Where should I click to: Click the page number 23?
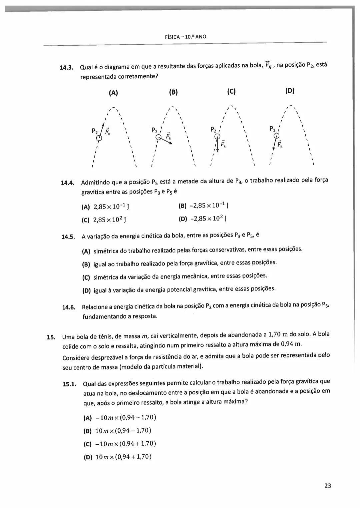(x=327, y=486)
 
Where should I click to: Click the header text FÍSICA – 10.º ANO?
(x=185, y=37)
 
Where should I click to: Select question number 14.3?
(x=66, y=68)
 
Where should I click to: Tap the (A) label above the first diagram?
(x=113, y=93)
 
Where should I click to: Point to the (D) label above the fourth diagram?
(x=290, y=91)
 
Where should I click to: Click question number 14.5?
(x=68, y=237)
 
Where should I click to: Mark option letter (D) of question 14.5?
(x=86, y=290)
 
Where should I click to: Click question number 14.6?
(x=69, y=307)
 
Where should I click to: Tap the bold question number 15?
(x=50, y=337)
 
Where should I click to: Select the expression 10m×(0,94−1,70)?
(x=123, y=430)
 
